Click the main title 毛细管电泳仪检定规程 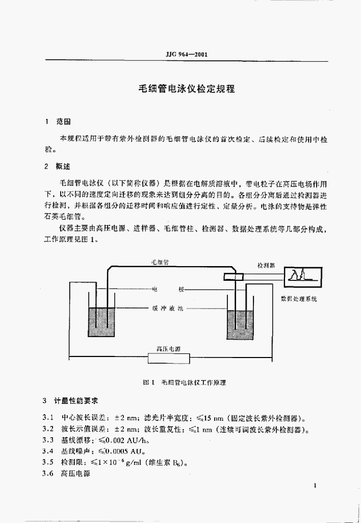[x=187, y=88]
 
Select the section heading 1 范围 [x=58, y=122]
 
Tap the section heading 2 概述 [x=58, y=167]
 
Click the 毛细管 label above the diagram [x=160, y=261]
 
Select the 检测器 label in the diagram [x=266, y=266]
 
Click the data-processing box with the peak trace [x=303, y=277]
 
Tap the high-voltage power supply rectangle [x=168, y=358]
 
